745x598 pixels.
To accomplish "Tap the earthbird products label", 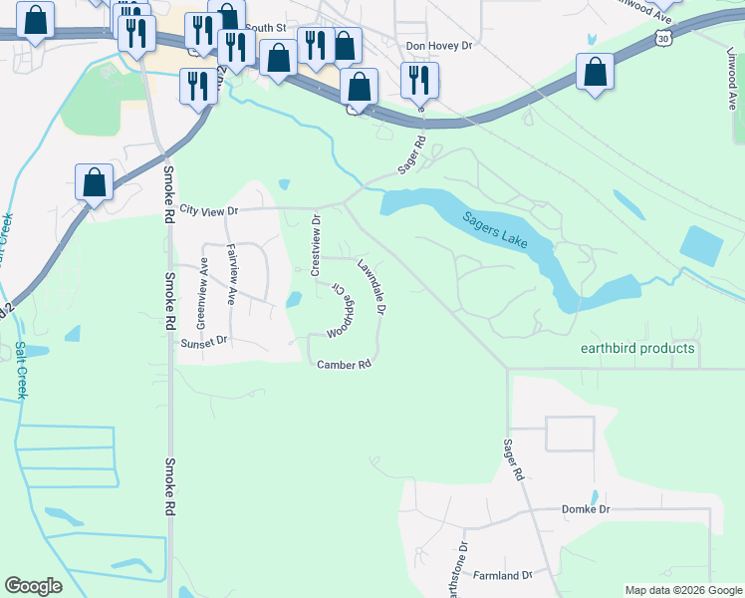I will (637, 349).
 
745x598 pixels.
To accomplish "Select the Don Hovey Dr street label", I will (443, 46).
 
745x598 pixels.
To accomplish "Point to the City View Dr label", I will (210, 211).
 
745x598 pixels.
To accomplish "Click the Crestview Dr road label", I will (316, 246).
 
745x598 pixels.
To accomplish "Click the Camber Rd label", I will (344, 365).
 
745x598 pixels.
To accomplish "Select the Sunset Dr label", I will (204, 341).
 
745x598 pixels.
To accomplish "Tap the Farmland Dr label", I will (503, 576).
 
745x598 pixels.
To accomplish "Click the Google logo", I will (33, 586).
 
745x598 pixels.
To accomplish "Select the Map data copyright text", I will (682, 590).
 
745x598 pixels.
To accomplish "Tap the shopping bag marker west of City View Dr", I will (94, 183).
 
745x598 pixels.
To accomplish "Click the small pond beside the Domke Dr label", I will (595, 496).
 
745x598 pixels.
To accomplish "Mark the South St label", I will (265, 28).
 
